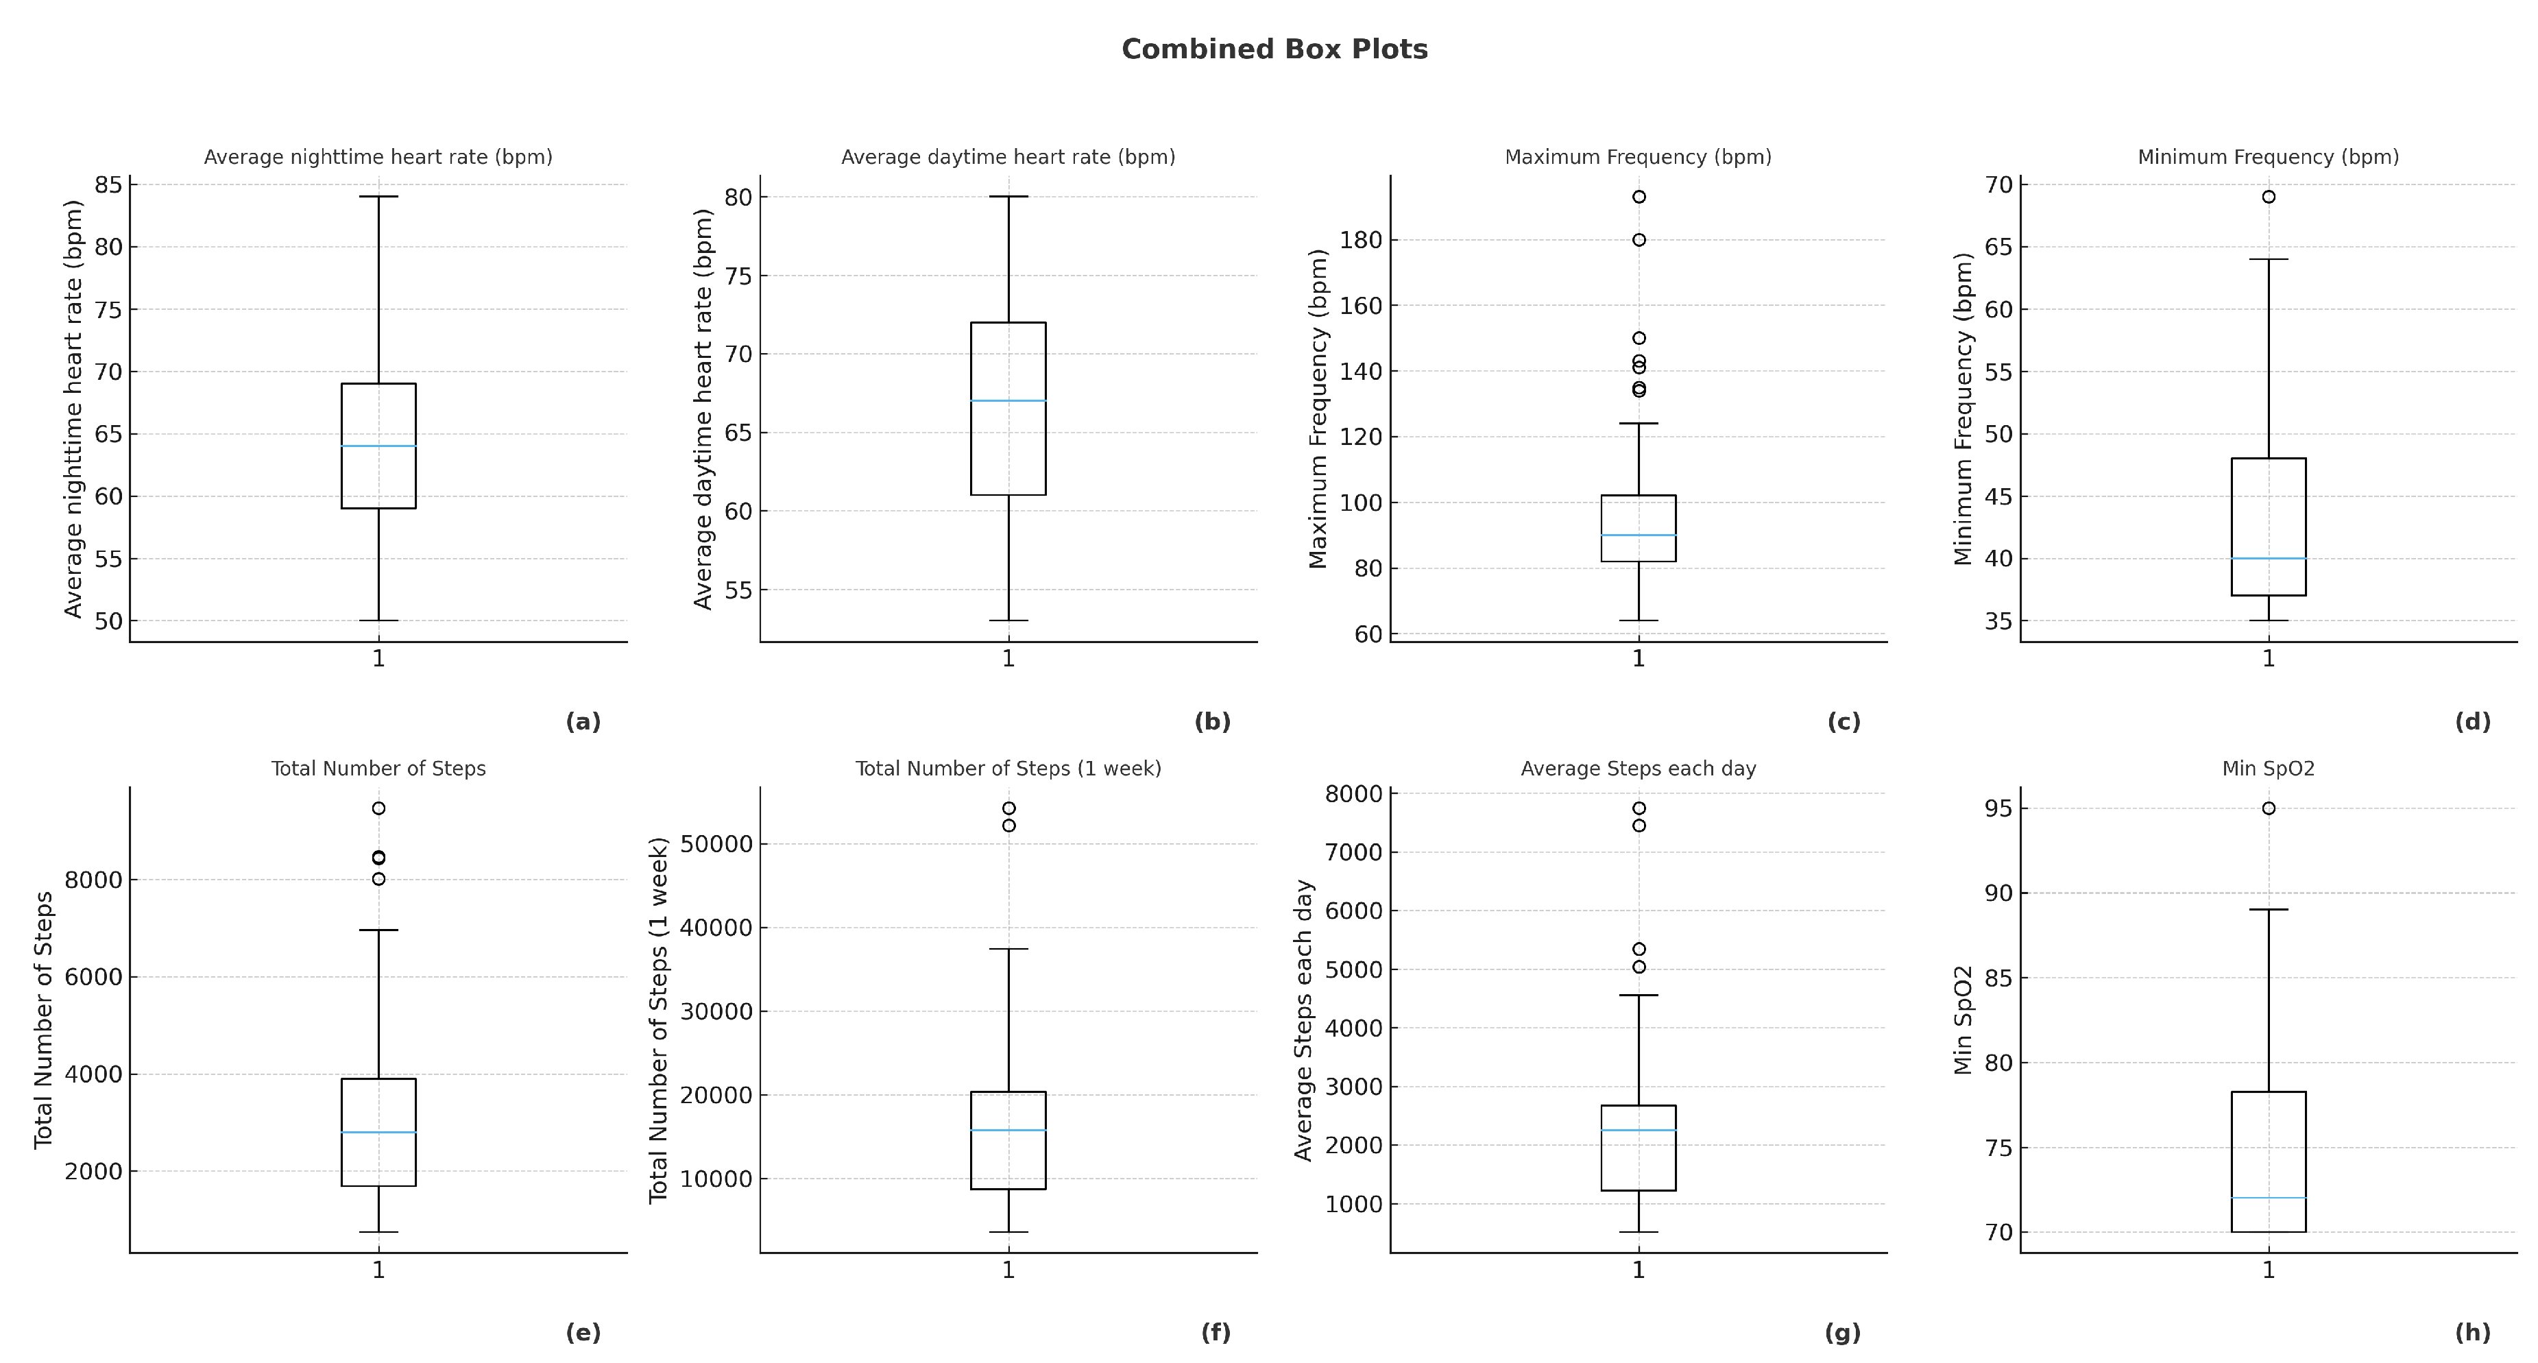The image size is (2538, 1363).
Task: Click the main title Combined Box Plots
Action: [x=1274, y=49]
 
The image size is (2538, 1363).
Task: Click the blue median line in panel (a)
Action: [x=378, y=446]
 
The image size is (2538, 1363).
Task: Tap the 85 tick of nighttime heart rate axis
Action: [x=108, y=184]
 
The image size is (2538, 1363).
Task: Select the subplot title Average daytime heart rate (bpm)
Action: [x=1008, y=157]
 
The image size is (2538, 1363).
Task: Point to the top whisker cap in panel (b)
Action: [x=1008, y=196]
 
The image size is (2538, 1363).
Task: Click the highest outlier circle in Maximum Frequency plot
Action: [x=1639, y=197]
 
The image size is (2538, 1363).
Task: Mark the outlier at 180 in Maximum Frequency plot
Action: [x=1639, y=239]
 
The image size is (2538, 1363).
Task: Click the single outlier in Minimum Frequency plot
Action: [x=2268, y=197]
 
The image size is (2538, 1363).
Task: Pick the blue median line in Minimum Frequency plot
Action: [x=2268, y=559]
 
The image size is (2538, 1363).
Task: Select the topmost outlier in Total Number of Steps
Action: [x=378, y=808]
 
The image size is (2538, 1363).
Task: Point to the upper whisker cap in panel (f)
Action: [x=1008, y=949]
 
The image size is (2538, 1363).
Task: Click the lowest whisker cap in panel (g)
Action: [x=1639, y=1232]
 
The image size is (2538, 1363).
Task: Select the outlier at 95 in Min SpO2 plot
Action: [x=2268, y=808]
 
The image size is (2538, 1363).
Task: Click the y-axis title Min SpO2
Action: [x=1963, y=1020]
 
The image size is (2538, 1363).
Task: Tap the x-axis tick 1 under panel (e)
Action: [x=378, y=1270]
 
